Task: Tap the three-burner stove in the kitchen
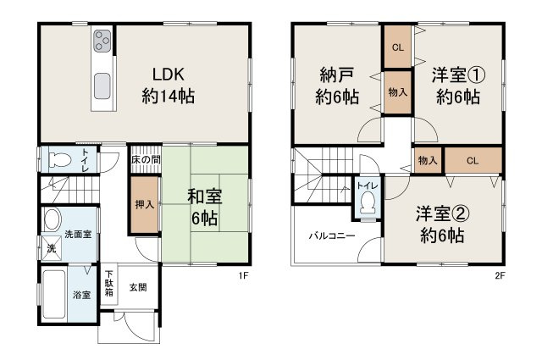coord(102,41)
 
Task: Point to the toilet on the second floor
coord(367,201)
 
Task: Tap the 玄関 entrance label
coord(138,287)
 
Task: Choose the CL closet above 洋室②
coord(472,159)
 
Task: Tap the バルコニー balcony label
coord(331,235)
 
